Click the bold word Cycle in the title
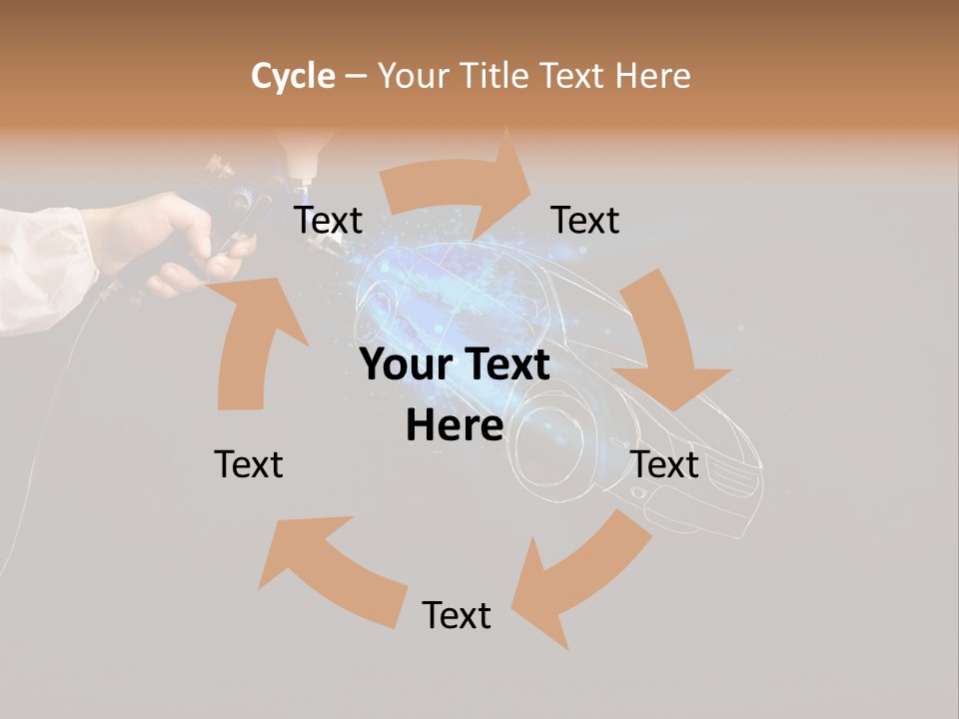293,76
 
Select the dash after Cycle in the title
357,77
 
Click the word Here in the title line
652,76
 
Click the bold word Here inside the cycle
455,425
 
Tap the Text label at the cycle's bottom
457,615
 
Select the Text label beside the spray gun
328,220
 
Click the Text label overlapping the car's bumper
665,464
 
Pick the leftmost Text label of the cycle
249,464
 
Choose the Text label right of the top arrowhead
585,220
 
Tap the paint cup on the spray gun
300,150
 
